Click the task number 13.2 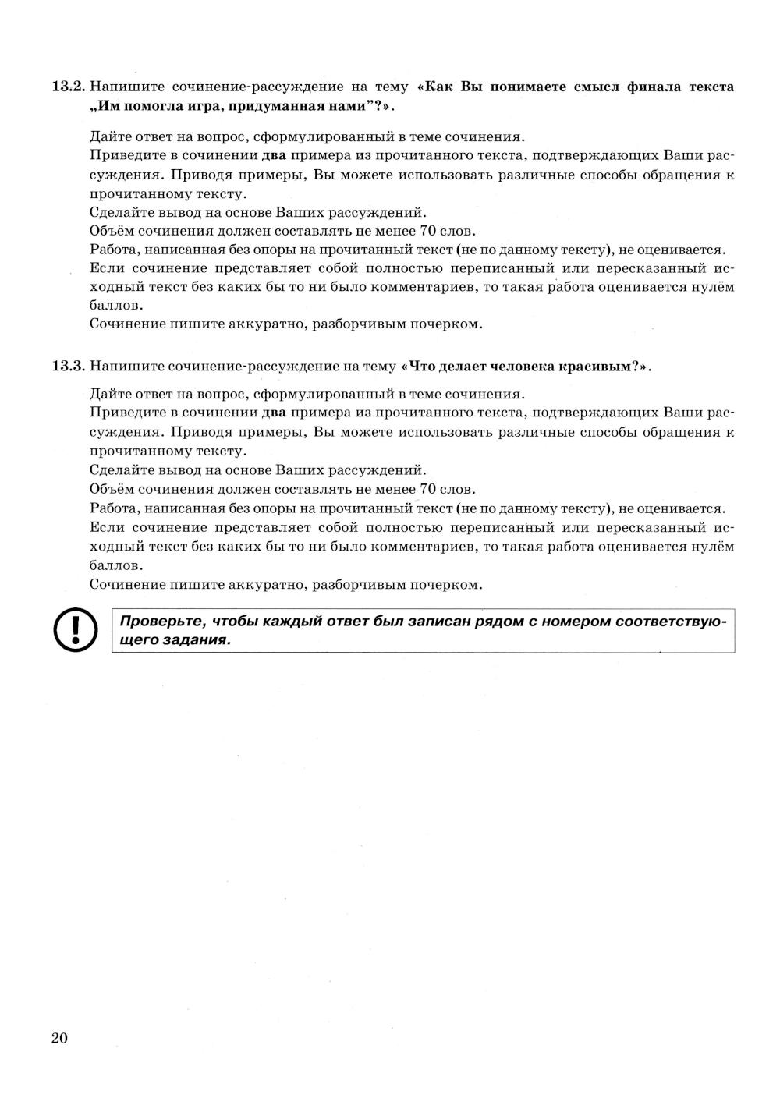click(x=68, y=87)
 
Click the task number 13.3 click(x=68, y=366)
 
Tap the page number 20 click(x=60, y=1038)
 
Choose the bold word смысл click(x=596, y=87)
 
